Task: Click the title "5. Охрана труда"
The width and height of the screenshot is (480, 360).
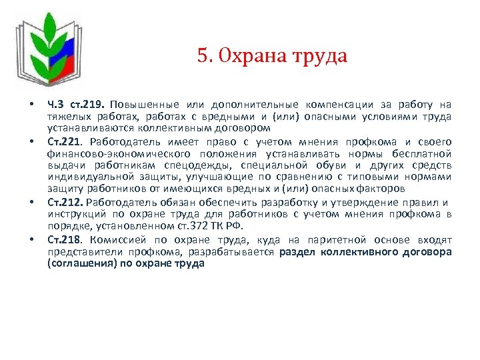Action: tap(272, 55)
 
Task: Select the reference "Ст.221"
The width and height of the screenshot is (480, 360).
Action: tap(65, 142)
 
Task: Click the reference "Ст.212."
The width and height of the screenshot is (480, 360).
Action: tap(66, 203)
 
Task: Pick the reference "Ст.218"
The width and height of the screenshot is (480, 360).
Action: tap(65, 239)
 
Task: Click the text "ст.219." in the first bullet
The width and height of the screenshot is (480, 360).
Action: tap(88, 105)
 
